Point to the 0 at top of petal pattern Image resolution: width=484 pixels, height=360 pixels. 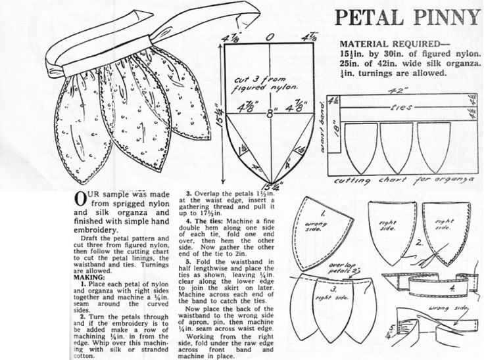(x=269, y=38)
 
